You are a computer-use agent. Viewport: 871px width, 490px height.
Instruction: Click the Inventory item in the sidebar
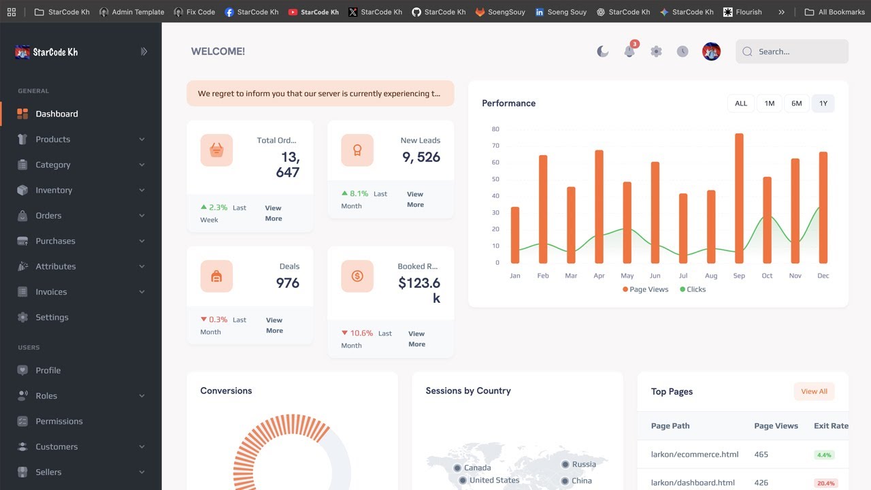pyautogui.click(x=54, y=191)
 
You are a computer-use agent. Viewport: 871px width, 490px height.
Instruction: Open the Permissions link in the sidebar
pyautogui.click(x=59, y=421)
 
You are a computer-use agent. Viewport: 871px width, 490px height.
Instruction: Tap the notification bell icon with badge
pyautogui.click(x=629, y=52)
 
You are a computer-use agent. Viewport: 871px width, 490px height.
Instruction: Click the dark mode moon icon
pyautogui.click(x=602, y=52)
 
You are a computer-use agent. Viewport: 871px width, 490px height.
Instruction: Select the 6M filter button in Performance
pyautogui.click(x=796, y=103)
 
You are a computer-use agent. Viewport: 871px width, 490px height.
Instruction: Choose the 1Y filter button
pyautogui.click(x=823, y=103)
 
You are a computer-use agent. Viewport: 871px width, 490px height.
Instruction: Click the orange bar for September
pyautogui.click(x=739, y=198)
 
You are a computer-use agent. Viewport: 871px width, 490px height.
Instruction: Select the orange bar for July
pyautogui.click(x=683, y=228)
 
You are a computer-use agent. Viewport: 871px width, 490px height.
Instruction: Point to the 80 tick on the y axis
pyautogui.click(x=495, y=129)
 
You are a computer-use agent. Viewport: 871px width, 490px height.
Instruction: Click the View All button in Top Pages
pyautogui.click(x=814, y=391)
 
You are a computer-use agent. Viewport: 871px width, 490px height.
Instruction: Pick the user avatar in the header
pyautogui.click(x=711, y=52)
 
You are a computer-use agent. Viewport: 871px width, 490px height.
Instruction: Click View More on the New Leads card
pyautogui.click(x=415, y=199)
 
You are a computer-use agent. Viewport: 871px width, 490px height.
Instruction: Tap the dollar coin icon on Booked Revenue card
pyautogui.click(x=357, y=276)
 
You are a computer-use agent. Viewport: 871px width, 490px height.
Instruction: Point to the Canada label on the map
pyautogui.click(x=477, y=468)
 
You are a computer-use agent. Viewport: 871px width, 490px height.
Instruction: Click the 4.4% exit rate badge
pyautogui.click(x=824, y=455)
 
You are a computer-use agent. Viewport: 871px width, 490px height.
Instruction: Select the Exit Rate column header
pyautogui.click(x=831, y=426)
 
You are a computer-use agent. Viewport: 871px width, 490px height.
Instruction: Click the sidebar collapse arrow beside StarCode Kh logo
pyautogui.click(x=144, y=52)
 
